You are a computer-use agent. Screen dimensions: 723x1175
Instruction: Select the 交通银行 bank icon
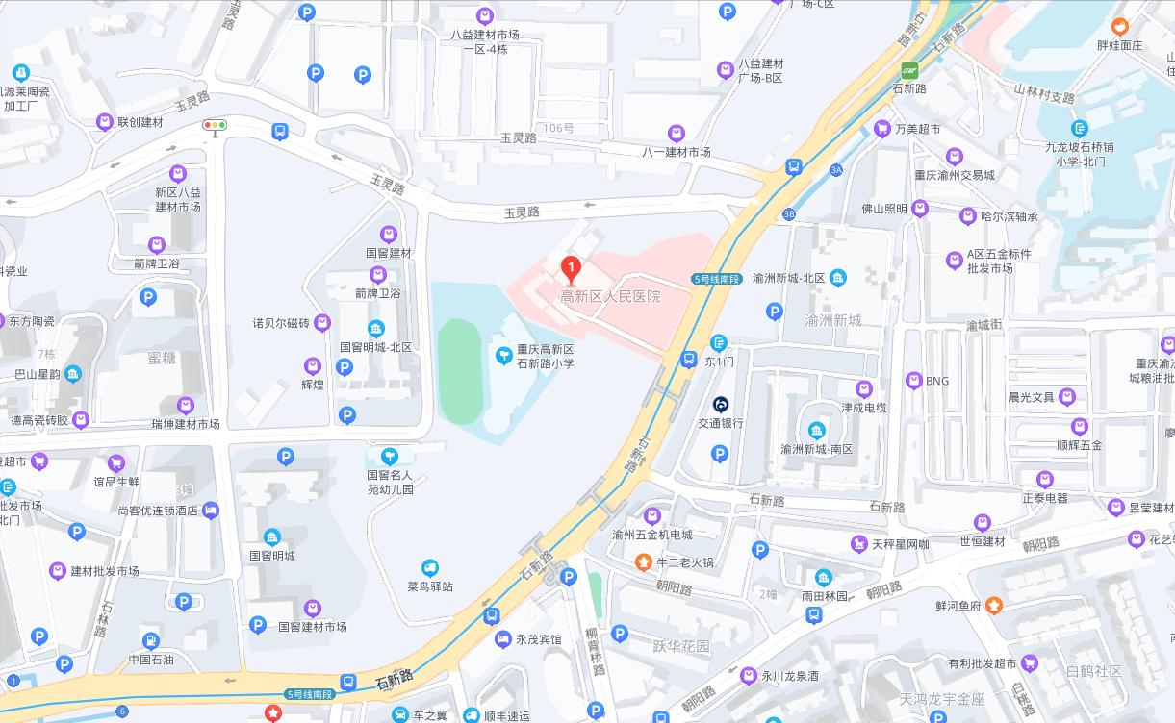pyautogui.click(x=721, y=405)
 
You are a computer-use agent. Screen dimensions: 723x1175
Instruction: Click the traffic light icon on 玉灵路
pyautogui.click(x=214, y=125)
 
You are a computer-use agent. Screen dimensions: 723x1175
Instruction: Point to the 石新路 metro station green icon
pyautogui.click(x=909, y=70)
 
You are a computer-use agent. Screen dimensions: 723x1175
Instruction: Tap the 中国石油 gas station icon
pyautogui.click(x=151, y=641)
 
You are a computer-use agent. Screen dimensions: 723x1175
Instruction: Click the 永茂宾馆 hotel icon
pyautogui.click(x=502, y=638)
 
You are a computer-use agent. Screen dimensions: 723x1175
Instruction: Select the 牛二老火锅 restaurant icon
pyautogui.click(x=643, y=561)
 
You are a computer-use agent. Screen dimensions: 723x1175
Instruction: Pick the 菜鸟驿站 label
pyautogui.click(x=430, y=586)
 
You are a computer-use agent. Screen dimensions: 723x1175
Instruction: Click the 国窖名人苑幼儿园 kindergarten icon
pyautogui.click(x=389, y=457)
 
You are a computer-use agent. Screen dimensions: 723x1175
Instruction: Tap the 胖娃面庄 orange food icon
pyautogui.click(x=1119, y=26)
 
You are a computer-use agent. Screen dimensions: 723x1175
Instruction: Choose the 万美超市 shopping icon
pyautogui.click(x=881, y=129)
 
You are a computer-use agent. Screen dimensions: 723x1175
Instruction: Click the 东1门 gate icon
pyautogui.click(x=719, y=343)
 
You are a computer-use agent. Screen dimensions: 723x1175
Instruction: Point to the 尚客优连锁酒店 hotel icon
pyautogui.click(x=211, y=511)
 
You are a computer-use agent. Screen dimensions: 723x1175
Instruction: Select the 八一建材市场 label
pyautogui.click(x=677, y=152)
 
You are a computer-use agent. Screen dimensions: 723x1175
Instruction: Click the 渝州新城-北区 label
pyautogui.click(x=789, y=278)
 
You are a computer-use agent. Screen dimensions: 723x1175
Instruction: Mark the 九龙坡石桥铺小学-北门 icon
pyautogui.click(x=1079, y=128)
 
